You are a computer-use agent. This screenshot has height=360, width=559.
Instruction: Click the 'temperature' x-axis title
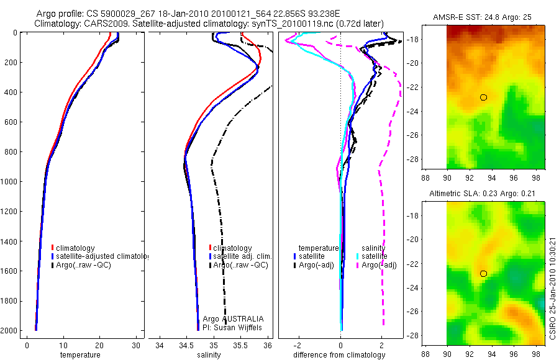click(x=80, y=355)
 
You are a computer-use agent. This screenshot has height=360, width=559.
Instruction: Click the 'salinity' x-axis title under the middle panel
click(x=209, y=355)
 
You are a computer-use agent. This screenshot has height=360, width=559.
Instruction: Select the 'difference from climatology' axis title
click(x=339, y=355)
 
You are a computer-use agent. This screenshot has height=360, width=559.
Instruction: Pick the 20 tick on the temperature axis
click(x=99, y=344)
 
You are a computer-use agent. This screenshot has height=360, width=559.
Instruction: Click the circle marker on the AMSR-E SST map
click(x=483, y=97)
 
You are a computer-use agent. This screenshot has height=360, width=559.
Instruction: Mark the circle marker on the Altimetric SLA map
click(x=483, y=273)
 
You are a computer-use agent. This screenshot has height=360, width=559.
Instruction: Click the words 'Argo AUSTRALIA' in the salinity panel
click(x=229, y=318)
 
